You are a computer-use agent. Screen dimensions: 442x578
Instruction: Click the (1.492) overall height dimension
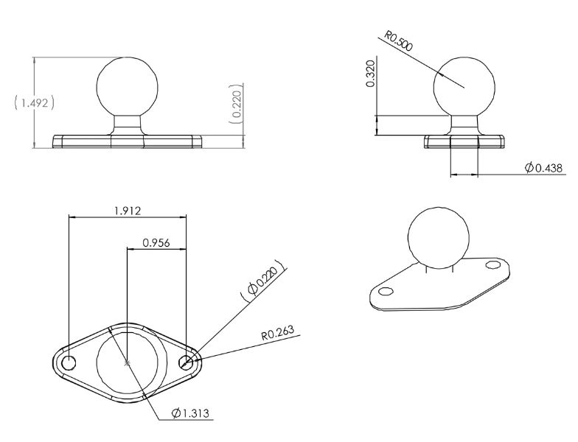click(x=34, y=103)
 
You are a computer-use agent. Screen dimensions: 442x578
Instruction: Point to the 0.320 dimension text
click(x=371, y=74)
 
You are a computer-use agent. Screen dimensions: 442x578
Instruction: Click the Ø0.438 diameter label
click(x=543, y=169)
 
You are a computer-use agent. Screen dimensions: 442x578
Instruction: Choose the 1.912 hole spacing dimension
click(x=128, y=211)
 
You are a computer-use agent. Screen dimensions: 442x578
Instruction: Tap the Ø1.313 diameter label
click(x=191, y=413)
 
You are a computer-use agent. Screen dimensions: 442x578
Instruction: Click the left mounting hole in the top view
click(x=69, y=363)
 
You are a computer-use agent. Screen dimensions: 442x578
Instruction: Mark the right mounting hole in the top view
click(x=187, y=362)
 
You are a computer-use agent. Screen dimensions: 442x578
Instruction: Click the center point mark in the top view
click(x=128, y=363)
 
